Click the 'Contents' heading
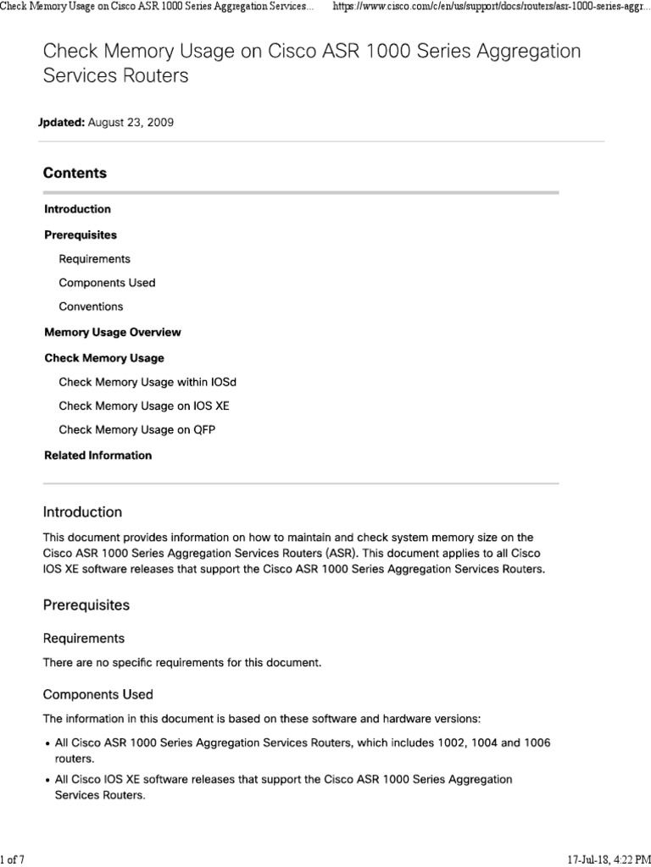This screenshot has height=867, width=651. tap(75, 173)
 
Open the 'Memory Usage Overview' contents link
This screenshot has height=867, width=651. tap(113, 332)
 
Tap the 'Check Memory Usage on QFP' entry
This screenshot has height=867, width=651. tap(137, 430)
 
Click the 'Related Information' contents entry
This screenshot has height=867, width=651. tap(98, 456)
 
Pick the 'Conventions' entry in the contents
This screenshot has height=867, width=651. tap(91, 306)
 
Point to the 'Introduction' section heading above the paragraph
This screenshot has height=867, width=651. tap(82, 512)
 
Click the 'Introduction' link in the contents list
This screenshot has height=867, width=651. tap(77, 209)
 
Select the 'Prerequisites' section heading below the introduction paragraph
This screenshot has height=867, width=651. tap(86, 606)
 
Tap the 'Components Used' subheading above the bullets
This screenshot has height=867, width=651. tap(98, 695)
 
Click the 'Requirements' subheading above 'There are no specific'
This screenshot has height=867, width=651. tap(84, 638)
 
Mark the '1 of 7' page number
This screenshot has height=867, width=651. tap(13, 860)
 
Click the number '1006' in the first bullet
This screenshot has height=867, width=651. tap(534, 743)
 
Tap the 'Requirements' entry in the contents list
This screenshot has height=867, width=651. tap(95, 259)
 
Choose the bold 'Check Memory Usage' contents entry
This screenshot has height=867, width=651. tap(104, 358)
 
